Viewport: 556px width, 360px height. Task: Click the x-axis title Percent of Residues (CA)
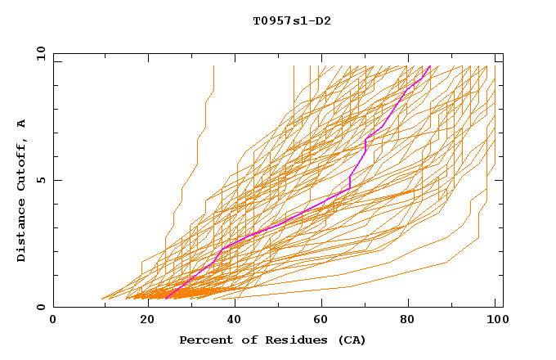[x=272, y=340]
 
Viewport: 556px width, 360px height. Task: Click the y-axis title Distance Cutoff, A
[x=22, y=191]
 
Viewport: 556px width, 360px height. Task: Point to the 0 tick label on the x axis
[x=54, y=320]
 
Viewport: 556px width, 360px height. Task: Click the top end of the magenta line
[x=430, y=66]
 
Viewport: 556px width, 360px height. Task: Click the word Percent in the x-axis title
[x=204, y=340]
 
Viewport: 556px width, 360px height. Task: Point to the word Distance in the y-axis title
[x=22, y=228]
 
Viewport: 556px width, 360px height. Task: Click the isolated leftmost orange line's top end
[x=213, y=66]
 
